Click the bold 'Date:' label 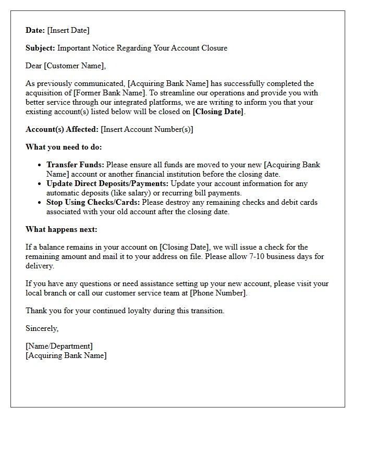point(35,30)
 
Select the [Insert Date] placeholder point(68,30)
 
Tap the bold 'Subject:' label point(40,48)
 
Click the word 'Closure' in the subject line point(213,48)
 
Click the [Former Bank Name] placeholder point(109,93)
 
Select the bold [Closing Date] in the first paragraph point(217,112)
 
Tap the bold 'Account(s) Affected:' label point(62,129)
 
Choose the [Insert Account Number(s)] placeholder point(147,129)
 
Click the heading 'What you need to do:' point(64,147)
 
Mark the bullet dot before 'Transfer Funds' point(40,165)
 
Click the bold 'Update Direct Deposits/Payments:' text point(107,183)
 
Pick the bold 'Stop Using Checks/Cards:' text point(93,202)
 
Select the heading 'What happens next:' point(61,229)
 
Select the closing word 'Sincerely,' point(42,328)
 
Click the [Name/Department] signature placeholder point(59,346)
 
